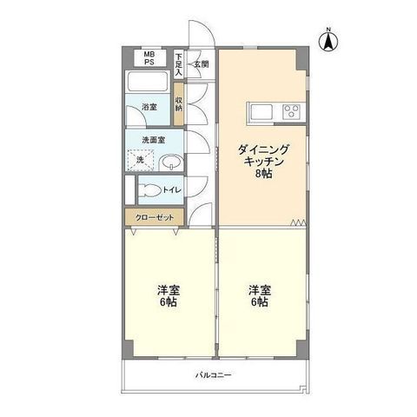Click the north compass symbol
[328, 41]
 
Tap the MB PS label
[149, 58]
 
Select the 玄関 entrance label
[202, 64]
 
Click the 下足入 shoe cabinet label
[179, 64]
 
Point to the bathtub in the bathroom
[148, 81]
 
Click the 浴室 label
[149, 107]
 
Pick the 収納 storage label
[179, 104]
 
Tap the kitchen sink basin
[261, 112]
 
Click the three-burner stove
[291, 111]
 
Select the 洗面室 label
[154, 140]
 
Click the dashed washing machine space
[141, 160]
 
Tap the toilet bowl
[149, 190]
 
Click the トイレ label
[172, 190]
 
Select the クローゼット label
[155, 218]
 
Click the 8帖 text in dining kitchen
[263, 174]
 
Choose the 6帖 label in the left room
[169, 302]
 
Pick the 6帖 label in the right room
[259, 302]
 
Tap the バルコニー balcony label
[214, 375]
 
